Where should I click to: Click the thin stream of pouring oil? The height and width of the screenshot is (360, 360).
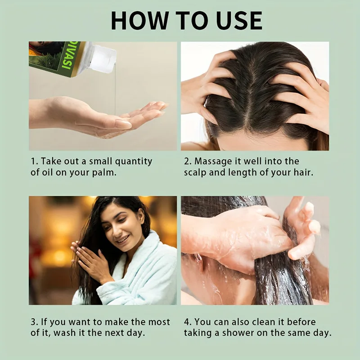115,90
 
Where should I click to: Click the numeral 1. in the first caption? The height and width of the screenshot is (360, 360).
34,161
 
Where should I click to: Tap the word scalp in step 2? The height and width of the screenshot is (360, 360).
196,173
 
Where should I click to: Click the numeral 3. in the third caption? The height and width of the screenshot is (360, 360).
34,322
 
